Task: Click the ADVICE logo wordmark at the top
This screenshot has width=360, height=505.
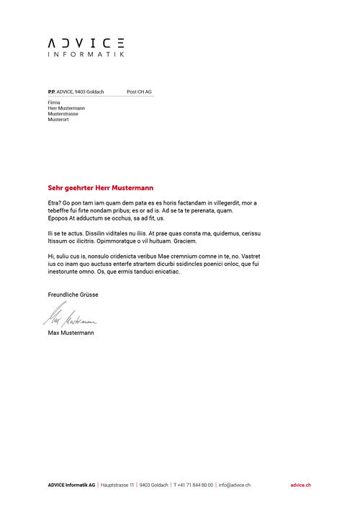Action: click(86, 43)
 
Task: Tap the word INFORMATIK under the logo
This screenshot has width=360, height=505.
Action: click(86, 55)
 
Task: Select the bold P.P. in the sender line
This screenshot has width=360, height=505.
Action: click(51, 92)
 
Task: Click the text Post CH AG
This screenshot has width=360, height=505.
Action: click(139, 92)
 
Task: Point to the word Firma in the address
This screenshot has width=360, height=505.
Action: click(54, 102)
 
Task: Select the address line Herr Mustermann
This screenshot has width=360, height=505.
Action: click(66, 108)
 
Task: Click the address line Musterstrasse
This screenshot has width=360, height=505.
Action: click(63, 114)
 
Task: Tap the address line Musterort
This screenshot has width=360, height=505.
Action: click(58, 120)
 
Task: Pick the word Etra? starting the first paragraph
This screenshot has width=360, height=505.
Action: click(55, 203)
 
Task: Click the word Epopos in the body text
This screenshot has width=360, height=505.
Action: click(57, 218)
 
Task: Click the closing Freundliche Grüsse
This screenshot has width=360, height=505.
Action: click(73, 295)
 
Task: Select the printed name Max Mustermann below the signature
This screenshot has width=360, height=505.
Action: click(71, 333)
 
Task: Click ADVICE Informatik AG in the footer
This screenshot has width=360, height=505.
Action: click(71, 486)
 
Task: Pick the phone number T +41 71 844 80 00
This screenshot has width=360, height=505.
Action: click(193, 486)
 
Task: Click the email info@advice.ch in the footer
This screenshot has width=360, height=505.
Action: click(234, 486)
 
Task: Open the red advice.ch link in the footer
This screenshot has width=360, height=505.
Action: click(301, 486)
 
